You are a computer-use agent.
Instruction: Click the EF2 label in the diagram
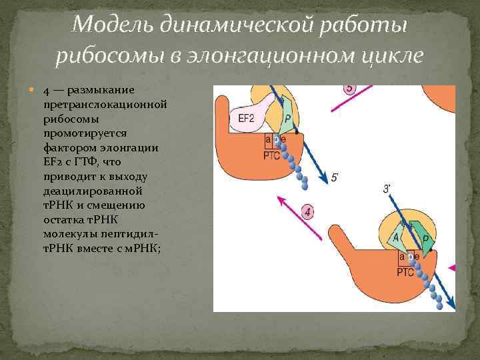[246, 119]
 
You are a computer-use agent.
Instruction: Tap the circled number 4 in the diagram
[308, 213]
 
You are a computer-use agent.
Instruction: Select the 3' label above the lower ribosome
[387, 189]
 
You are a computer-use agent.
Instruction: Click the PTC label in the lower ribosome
[405, 271]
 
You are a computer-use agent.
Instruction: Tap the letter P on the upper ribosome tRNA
[287, 119]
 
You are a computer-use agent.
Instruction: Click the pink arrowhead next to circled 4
[281, 198]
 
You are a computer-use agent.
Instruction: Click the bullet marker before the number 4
[34, 91]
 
